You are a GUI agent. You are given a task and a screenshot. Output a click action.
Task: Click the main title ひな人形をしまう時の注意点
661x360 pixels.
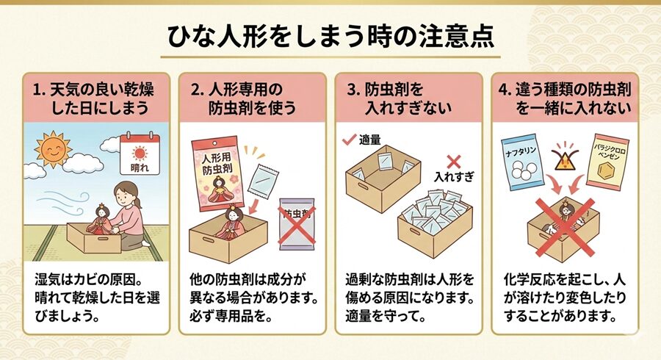pyautogui.click(x=330, y=35)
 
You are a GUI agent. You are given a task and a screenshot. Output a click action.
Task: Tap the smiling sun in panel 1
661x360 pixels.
pyautogui.click(x=52, y=150)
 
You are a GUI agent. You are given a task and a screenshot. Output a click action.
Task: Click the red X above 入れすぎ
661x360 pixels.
pyautogui.click(x=454, y=161)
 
